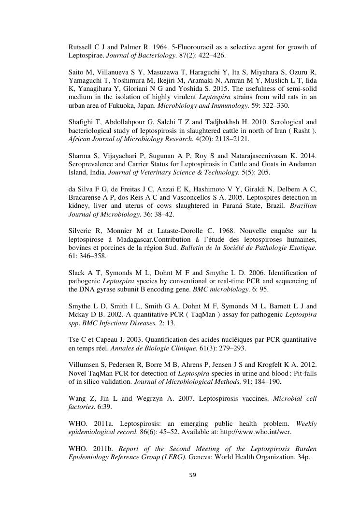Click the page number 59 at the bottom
coord(192,475)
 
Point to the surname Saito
coord(77,72)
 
